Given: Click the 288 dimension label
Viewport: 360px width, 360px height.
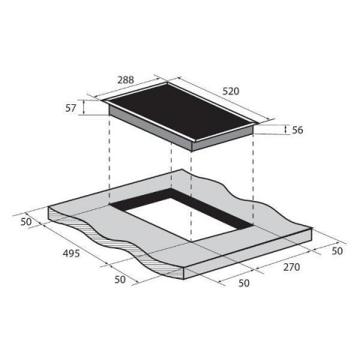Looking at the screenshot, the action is pos(126,80).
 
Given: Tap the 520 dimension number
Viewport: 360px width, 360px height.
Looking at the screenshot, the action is pos(231,91).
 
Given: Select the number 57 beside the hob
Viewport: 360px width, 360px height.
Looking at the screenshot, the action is pos(70,108).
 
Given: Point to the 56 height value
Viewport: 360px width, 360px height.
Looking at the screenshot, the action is pos(297,130).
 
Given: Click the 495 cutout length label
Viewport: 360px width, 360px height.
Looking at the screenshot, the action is pos(71,253).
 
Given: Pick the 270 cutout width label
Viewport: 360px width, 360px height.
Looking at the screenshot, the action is pos(292,267).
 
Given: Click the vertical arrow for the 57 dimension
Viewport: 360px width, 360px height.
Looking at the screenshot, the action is pos(84,107).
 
